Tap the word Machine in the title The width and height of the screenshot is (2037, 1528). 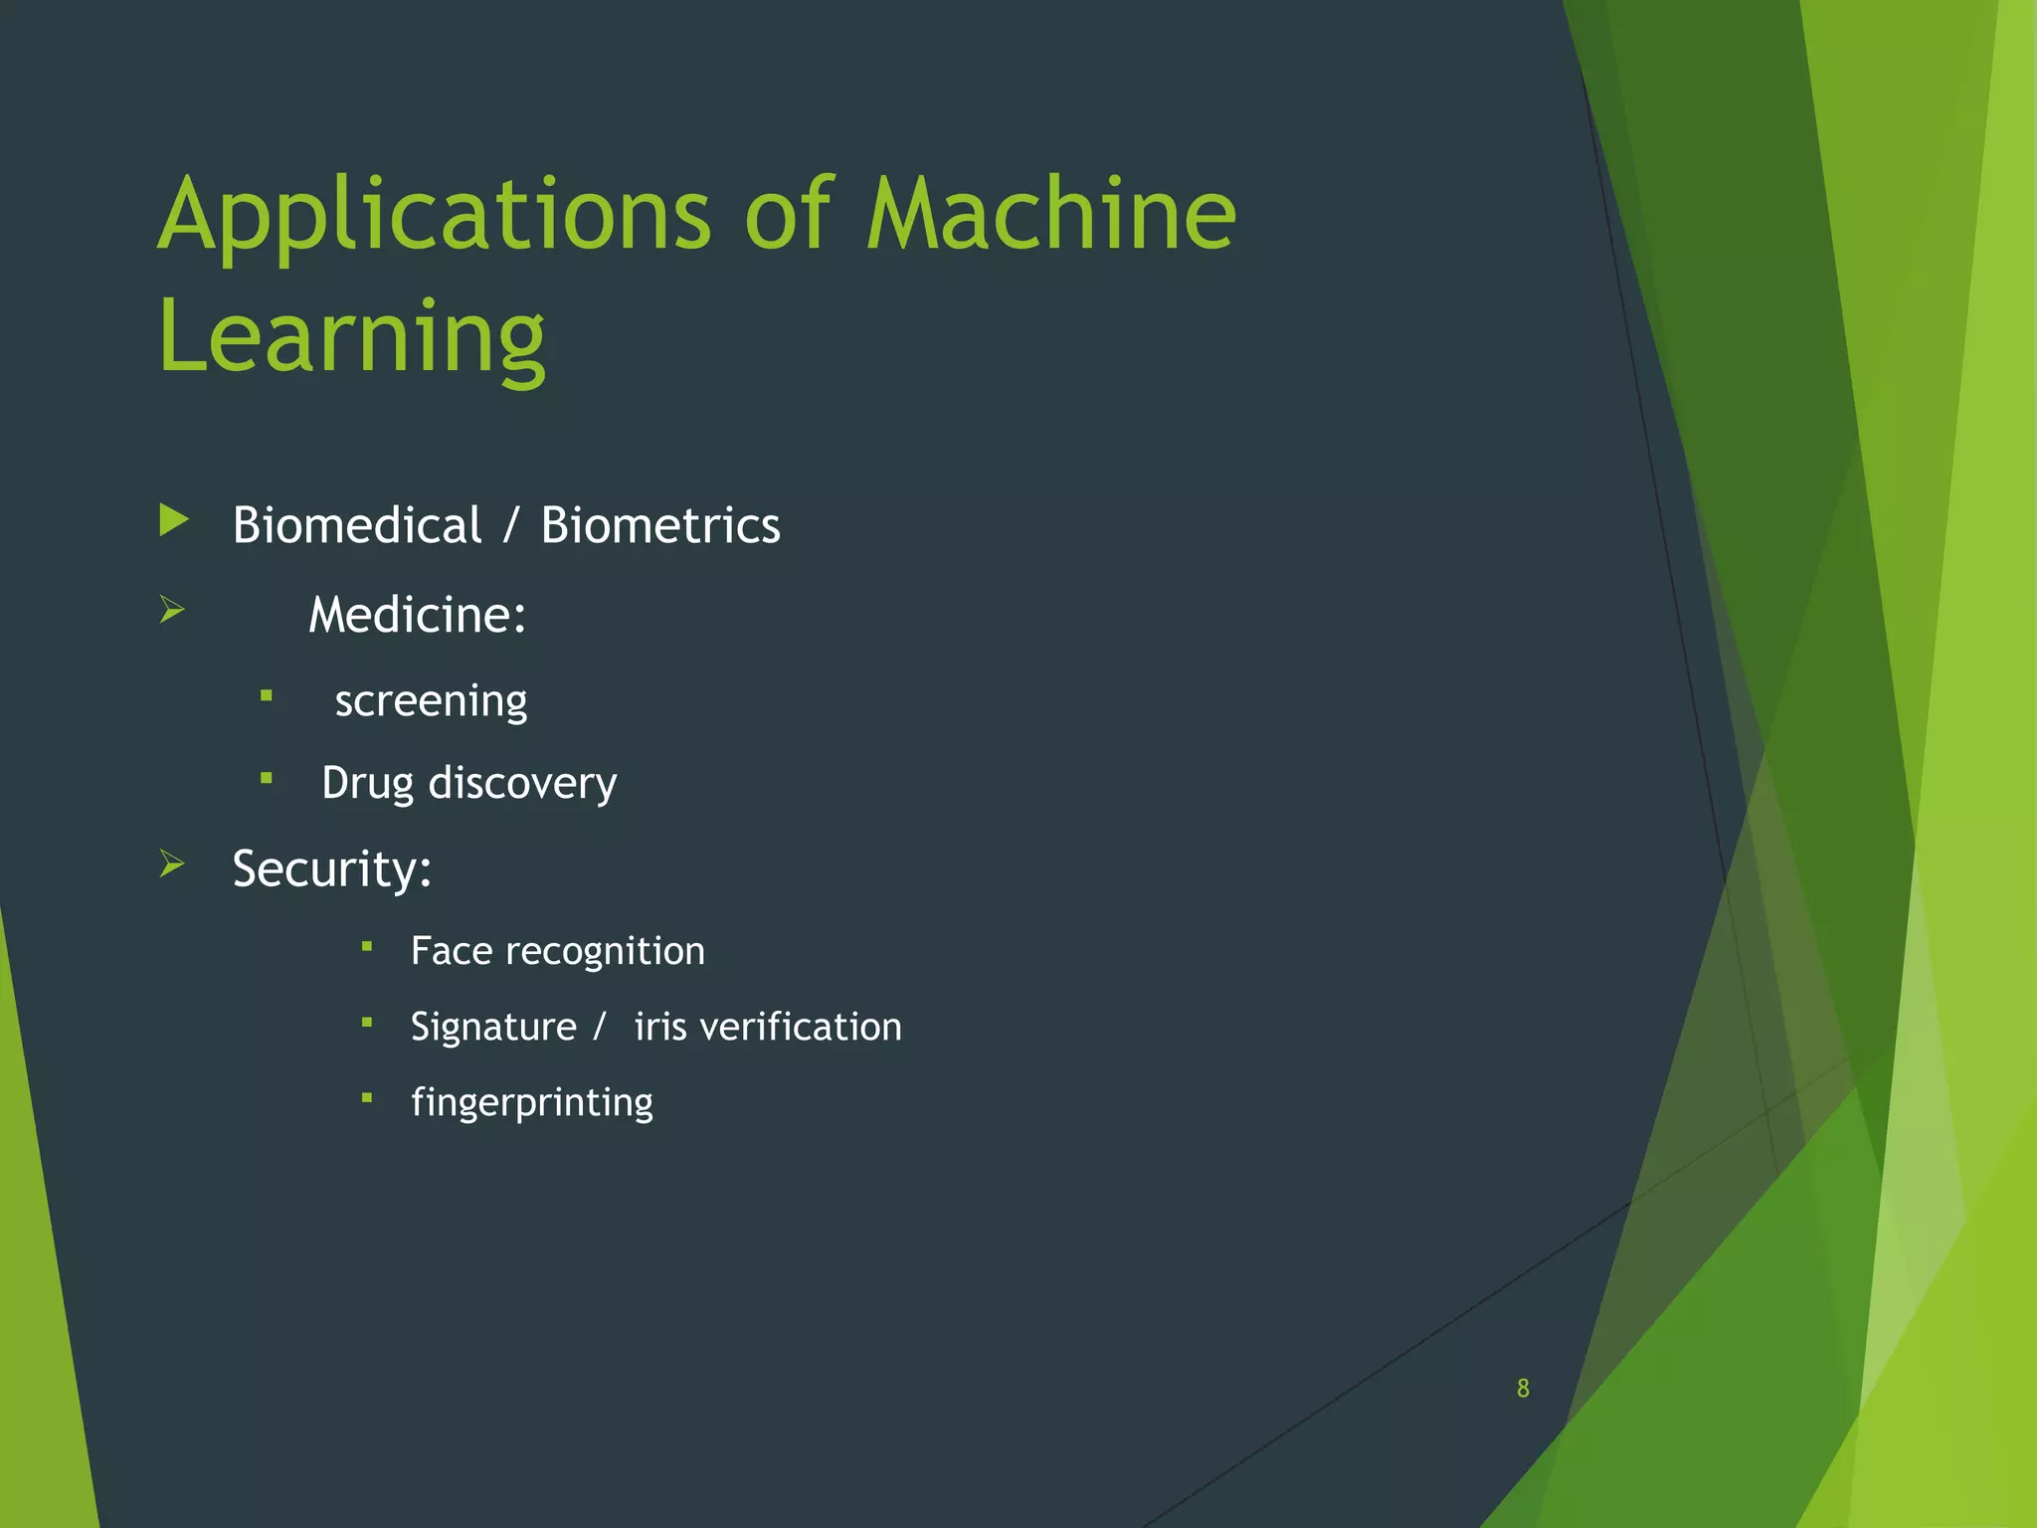[x=1050, y=214]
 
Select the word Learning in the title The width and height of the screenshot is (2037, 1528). [x=351, y=338]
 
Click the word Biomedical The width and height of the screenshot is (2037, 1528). [x=356, y=525]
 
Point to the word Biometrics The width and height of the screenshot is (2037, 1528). [x=660, y=525]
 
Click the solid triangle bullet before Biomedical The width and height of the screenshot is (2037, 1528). [x=174, y=520]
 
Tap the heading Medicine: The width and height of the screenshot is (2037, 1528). [x=417, y=615]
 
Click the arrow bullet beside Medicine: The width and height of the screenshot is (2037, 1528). [x=172, y=609]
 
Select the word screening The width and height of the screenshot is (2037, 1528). [x=431, y=701]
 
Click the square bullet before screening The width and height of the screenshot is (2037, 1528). [x=267, y=696]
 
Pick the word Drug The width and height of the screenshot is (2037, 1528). [x=367, y=784]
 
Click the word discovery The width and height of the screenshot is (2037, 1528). [x=522, y=784]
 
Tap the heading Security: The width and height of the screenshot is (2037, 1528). [x=331, y=869]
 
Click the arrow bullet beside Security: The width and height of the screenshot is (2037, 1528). [x=172, y=863]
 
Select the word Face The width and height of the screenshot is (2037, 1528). [x=452, y=951]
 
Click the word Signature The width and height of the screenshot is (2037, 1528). [x=493, y=1028]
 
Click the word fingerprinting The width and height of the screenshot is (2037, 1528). [x=532, y=1103]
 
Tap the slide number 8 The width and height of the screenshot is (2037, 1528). [x=1523, y=1389]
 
